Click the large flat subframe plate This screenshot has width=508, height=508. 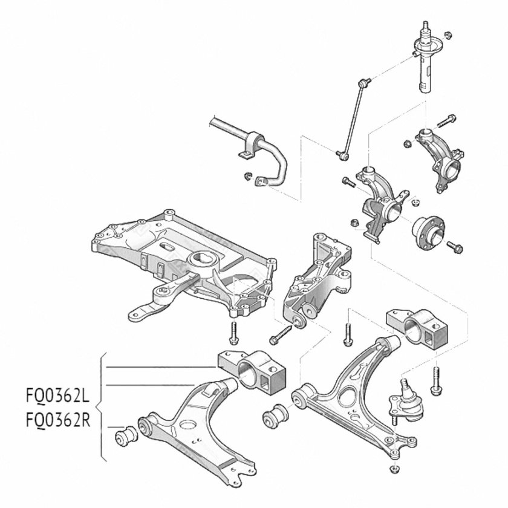pos(181,260)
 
